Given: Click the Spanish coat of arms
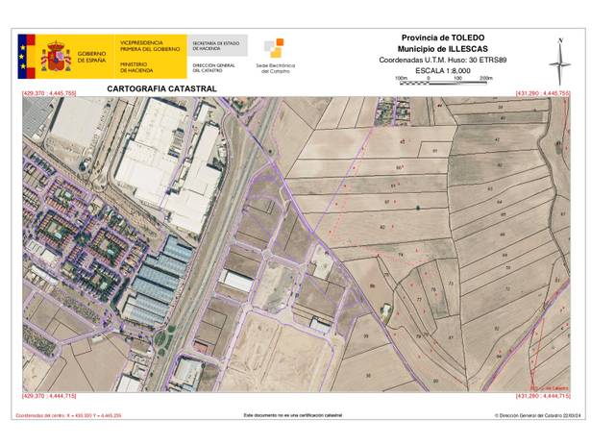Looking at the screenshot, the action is (56, 57).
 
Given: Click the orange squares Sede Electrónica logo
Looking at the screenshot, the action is (273, 48).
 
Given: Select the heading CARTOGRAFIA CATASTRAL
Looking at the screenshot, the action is (161, 88).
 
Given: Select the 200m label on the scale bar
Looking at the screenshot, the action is (485, 78).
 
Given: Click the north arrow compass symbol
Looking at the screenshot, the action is (559, 60).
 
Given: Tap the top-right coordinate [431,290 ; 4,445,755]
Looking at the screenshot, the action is (543, 93).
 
